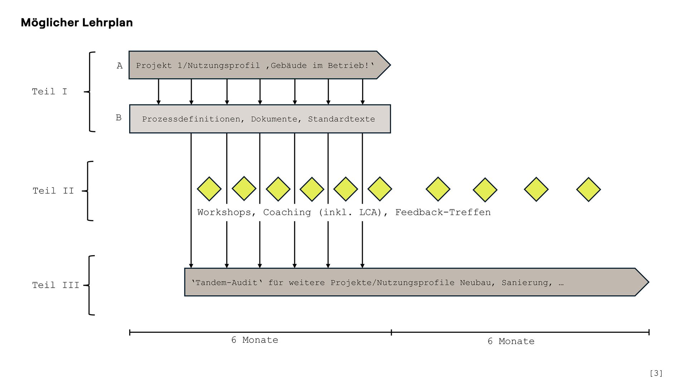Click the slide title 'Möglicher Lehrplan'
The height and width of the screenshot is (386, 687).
point(77,23)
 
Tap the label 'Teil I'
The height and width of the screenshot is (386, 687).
point(49,91)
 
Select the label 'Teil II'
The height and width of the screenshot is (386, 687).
point(53,191)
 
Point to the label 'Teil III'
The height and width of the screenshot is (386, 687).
point(55,285)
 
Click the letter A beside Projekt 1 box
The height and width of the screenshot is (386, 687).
point(120,66)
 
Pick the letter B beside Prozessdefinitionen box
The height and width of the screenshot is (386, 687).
point(118,118)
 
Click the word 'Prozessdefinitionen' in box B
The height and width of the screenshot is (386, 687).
point(191,119)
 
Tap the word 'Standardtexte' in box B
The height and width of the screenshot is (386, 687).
point(341,119)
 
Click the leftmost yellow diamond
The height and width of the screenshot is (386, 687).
point(209,189)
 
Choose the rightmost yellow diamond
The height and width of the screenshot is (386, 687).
point(588,189)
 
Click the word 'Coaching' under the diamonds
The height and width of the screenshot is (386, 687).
point(287,212)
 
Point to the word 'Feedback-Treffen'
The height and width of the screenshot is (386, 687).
point(443,212)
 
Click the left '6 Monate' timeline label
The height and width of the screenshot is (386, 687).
point(254,340)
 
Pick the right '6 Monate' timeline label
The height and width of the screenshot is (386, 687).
point(511,341)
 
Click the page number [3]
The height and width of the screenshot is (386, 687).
point(656,373)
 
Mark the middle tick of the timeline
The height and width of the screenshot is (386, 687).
point(391,332)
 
